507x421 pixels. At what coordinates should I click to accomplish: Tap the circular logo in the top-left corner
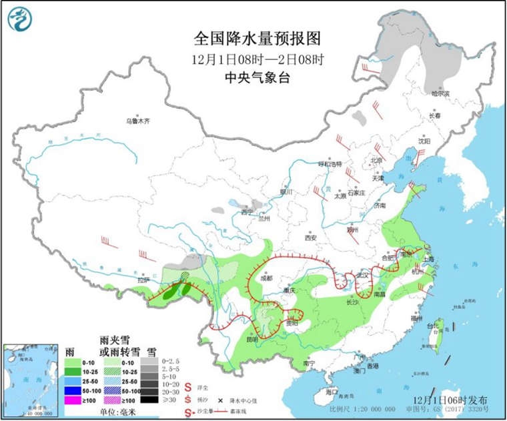tap(21, 19)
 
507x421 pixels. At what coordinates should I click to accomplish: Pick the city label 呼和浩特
tap(329, 164)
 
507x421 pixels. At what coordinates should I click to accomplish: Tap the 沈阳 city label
tap(424, 141)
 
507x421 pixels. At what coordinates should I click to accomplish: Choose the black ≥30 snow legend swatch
tap(153, 399)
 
